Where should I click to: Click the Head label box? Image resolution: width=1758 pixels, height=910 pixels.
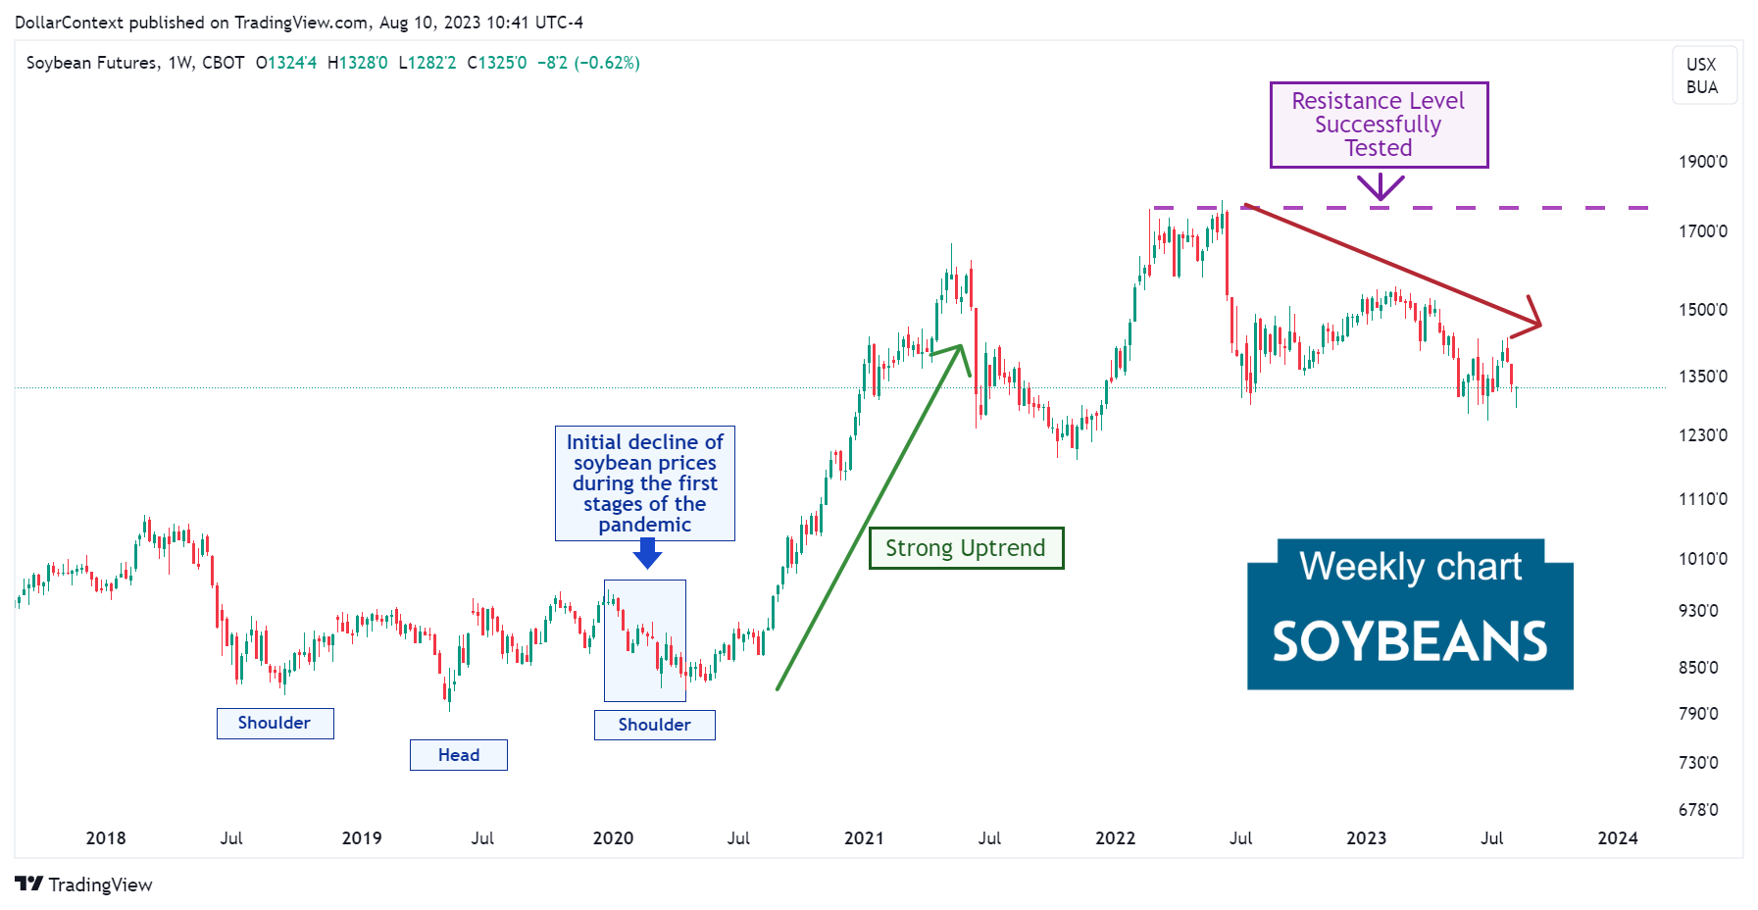point(459,755)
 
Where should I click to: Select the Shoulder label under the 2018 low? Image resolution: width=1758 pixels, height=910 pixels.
point(275,723)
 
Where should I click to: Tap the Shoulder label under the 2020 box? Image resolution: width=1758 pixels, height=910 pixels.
point(654,725)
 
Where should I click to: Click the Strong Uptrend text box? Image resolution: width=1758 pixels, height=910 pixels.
point(966,548)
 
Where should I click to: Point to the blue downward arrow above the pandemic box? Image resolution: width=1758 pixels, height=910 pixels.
point(647,556)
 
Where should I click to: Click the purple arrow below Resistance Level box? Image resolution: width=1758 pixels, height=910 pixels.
point(1381,186)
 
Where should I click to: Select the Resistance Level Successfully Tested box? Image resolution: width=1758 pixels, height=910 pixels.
point(1379,125)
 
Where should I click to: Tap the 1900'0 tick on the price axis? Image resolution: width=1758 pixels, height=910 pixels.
point(1703,162)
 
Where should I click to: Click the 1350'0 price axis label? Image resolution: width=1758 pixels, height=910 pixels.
point(1703,377)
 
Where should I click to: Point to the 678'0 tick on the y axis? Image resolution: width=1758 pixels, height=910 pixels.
point(1698,810)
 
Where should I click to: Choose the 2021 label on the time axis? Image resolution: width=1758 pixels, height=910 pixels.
point(864,838)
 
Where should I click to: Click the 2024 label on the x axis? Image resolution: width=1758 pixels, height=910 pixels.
point(1618,838)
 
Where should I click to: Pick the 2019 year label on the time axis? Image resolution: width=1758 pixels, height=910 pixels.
point(362,838)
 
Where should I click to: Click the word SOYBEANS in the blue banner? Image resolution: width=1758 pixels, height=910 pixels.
point(1410,642)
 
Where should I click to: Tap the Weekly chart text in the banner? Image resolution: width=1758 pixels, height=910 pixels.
point(1410,567)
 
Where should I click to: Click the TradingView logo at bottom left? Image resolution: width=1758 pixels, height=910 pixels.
point(84,885)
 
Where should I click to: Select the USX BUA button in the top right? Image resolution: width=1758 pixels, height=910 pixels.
point(1702,76)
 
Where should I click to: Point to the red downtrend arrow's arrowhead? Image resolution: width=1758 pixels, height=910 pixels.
point(1535,323)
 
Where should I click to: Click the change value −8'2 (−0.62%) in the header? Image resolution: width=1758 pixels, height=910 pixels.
point(588,63)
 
